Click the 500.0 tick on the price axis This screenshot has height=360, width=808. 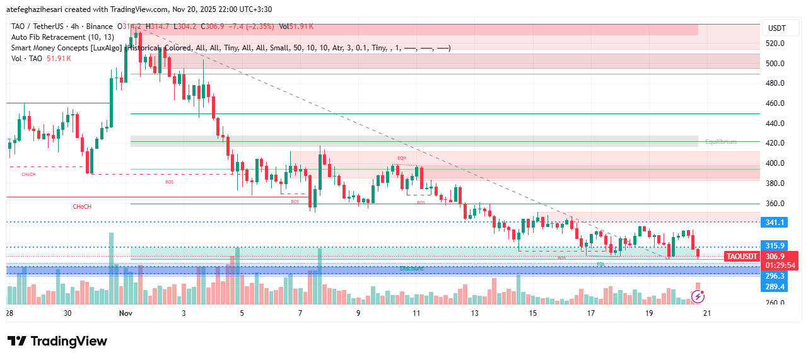click(x=775, y=63)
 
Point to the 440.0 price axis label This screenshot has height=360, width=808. click(x=775, y=123)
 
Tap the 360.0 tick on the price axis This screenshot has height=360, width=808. click(x=775, y=204)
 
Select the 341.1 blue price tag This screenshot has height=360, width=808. click(x=775, y=223)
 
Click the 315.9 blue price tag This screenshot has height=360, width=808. click(x=775, y=246)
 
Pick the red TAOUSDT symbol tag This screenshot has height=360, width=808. click(x=741, y=257)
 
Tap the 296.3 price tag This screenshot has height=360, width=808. click(x=775, y=276)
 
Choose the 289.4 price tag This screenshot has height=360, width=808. click(x=775, y=287)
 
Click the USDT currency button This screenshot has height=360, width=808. click(x=775, y=28)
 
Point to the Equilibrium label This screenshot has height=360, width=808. click(x=720, y=142)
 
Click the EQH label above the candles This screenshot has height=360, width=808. click(x=402, y=158)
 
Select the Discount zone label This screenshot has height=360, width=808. click(x=412, y=269)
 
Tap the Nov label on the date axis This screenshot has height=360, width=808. click(x=125, y=313)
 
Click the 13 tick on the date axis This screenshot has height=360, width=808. click(x=474, y=313)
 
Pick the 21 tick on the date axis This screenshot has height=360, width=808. click(x=706, y=313)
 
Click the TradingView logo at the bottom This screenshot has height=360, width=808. click(x=57, y=341)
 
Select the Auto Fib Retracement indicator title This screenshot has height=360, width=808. click(x=62, y=37)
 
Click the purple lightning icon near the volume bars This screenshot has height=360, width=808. click(x=698, y=296)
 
